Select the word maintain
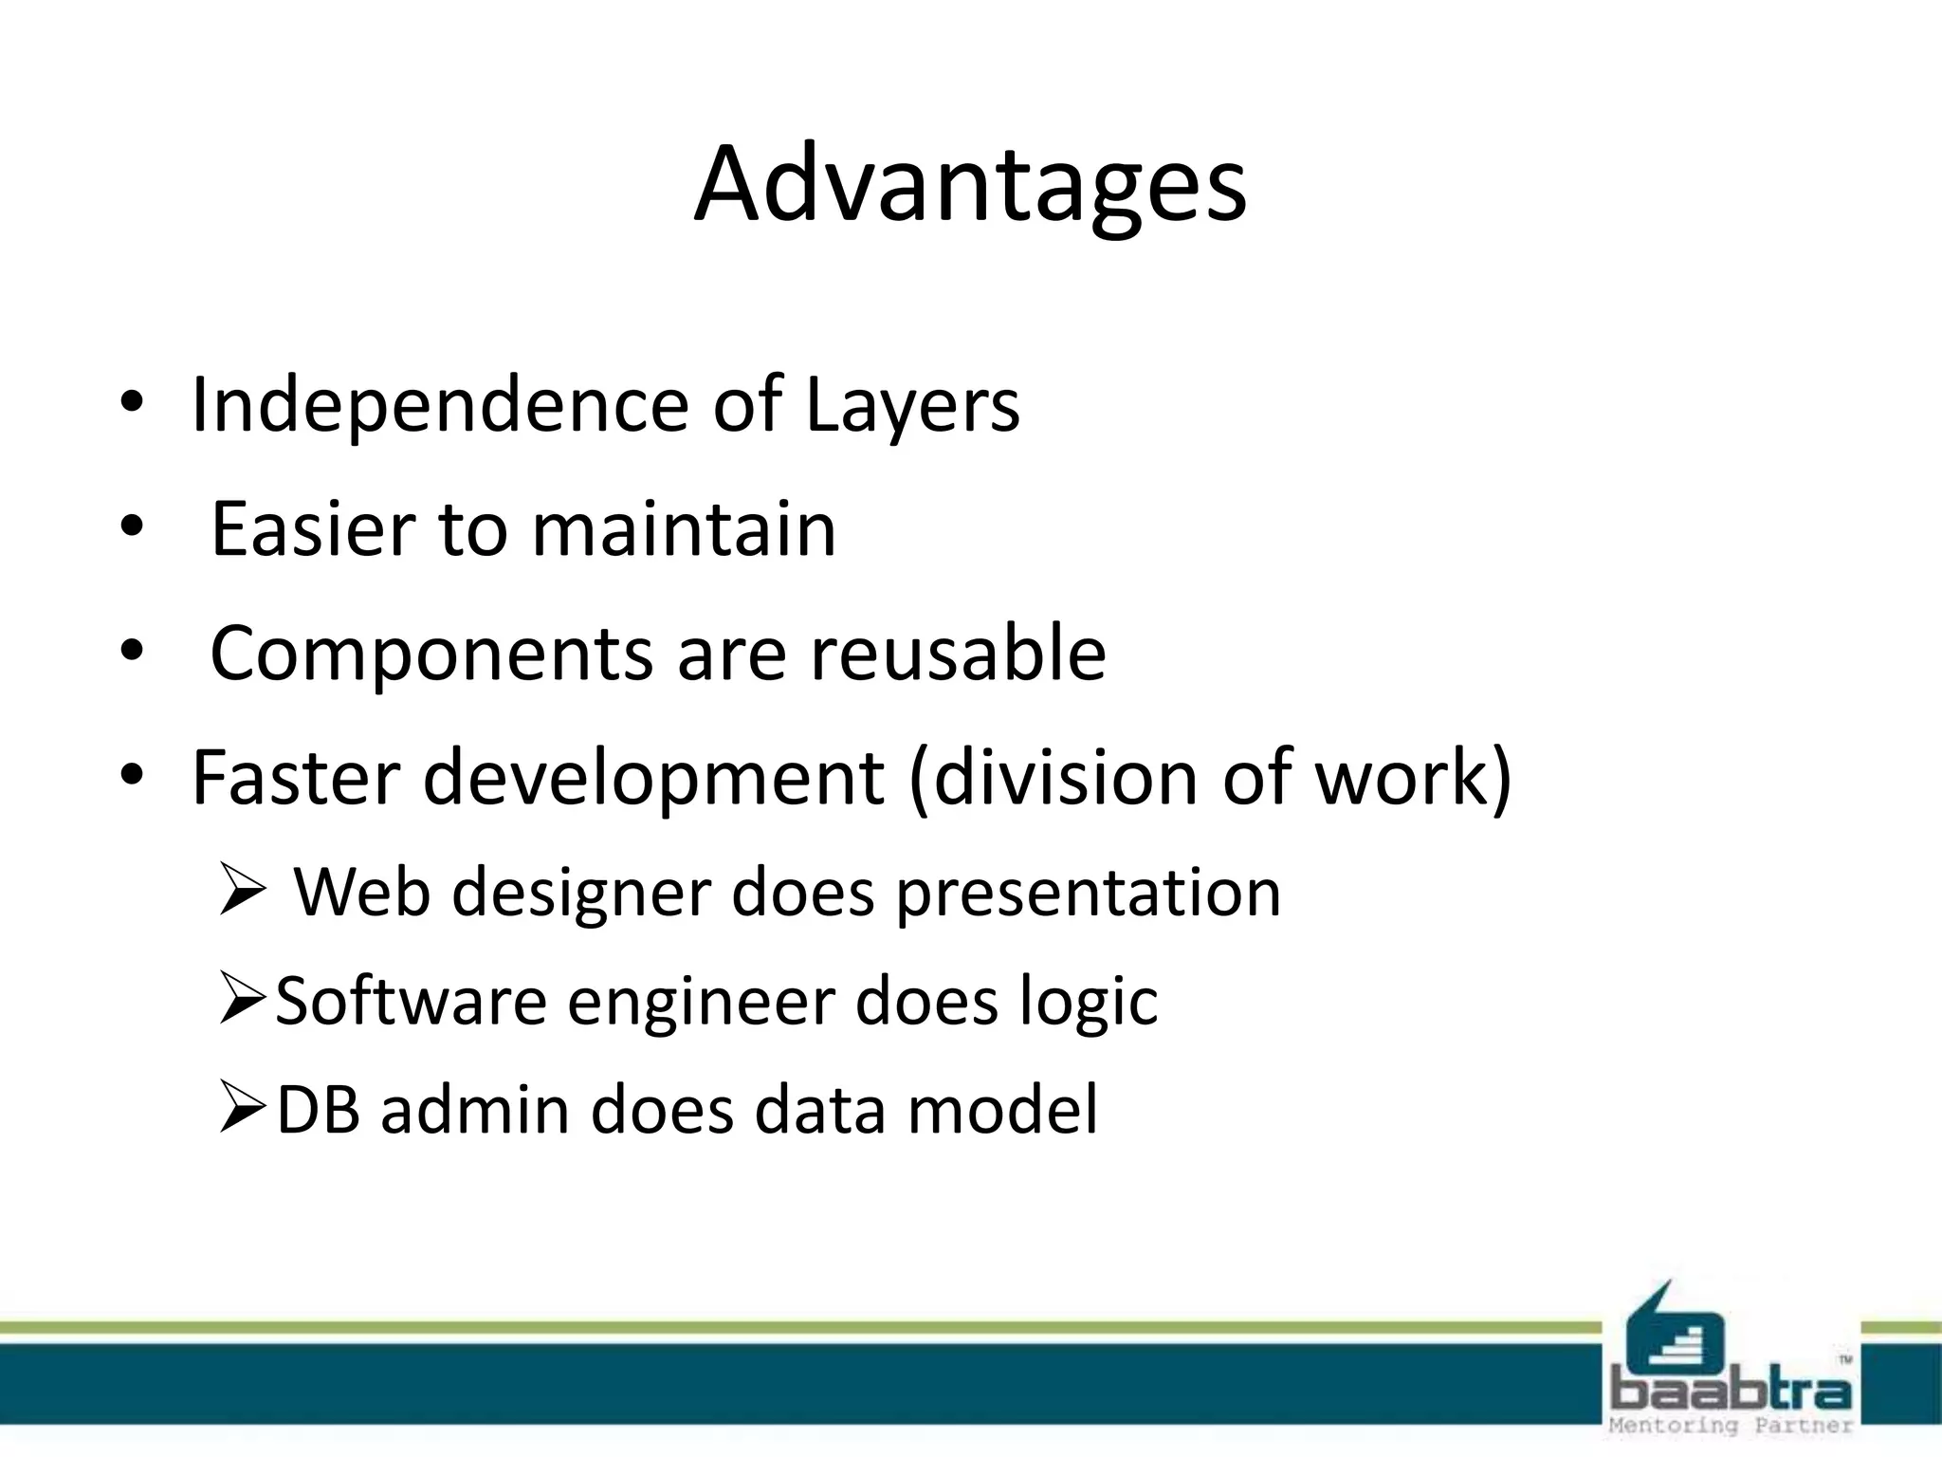tap(684, 529)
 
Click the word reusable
tap(957, 654)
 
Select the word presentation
tap(1088, 894)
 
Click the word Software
tap(411, 1002)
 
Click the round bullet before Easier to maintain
tap(131, 526)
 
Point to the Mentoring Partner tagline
tap(1731, 1426)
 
